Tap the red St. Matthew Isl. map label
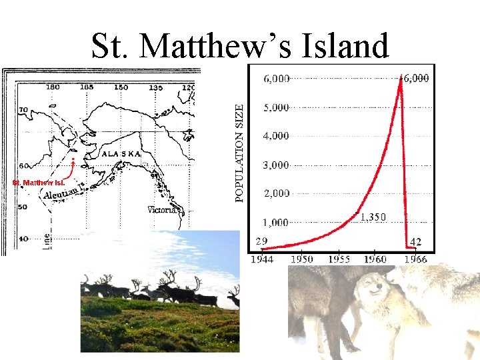point(39,182)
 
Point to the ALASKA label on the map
point(121,153)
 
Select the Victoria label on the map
point(163,209)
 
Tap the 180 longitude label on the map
point(52,87)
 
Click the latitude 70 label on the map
point(23,110)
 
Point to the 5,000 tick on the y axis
point(276,107)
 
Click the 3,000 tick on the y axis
point(276,165)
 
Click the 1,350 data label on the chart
point(373,217)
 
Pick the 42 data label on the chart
point(416,241)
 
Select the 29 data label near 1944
point(262,241)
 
